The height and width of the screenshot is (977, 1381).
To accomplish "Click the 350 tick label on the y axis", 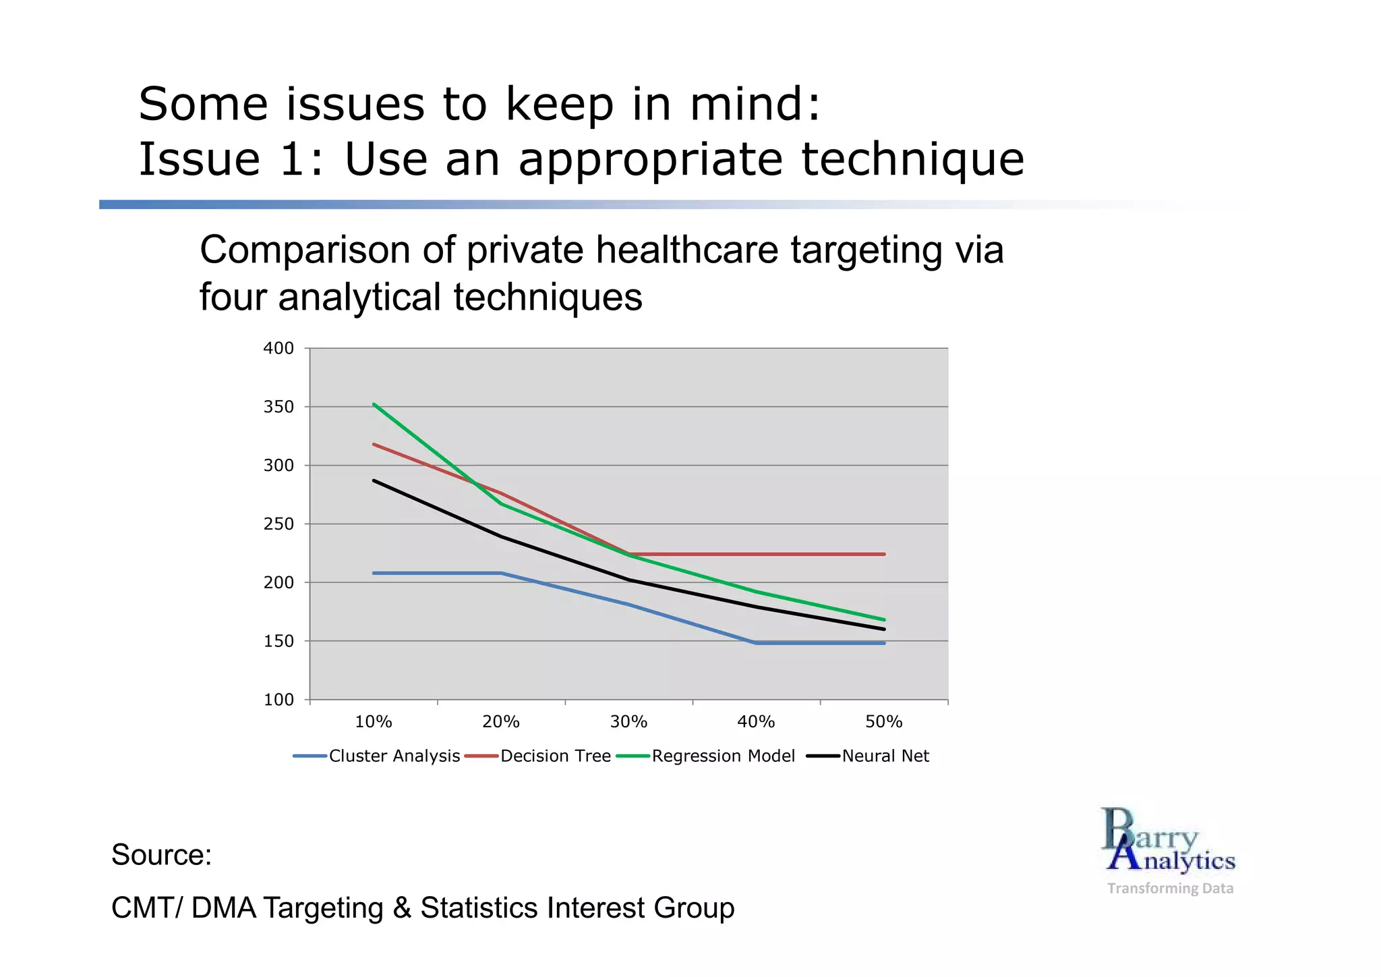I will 278,407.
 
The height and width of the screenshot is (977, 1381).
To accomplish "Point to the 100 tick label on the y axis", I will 278,700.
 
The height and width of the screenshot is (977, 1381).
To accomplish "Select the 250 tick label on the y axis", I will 278,524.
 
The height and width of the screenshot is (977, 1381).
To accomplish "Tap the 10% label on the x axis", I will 374,722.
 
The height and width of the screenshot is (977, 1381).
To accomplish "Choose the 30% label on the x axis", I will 628,722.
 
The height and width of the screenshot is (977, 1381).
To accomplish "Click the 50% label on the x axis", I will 883,722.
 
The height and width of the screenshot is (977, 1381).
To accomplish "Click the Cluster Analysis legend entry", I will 394,756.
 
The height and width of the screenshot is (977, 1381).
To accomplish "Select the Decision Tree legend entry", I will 555,756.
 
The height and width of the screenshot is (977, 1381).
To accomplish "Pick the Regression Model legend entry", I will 723,756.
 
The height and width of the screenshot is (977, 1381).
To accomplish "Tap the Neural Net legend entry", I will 885,756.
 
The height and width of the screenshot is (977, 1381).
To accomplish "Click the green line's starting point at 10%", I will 374,404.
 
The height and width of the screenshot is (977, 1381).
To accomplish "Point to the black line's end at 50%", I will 884,630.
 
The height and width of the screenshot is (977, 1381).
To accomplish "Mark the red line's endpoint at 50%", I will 884,555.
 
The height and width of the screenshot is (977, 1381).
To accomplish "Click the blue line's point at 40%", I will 757,643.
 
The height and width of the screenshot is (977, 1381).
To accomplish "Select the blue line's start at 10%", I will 374,573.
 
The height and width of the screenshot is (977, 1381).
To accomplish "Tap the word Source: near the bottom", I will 161,855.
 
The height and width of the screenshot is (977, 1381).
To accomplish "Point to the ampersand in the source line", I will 402,908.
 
